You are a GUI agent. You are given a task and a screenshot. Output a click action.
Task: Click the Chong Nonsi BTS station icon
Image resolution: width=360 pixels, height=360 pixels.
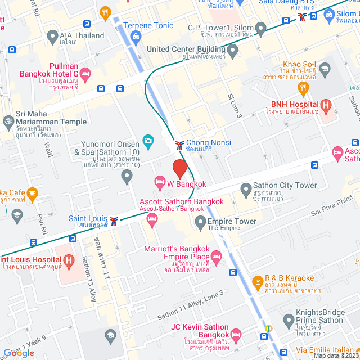pyautogui.click(x=179, y=145)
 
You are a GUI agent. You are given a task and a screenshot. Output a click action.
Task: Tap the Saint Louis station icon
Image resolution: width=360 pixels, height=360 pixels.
pyautogui.click(x=114, y=220)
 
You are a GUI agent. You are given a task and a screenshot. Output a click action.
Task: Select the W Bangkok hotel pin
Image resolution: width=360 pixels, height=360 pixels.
pyautogui.click(x=160, y=182)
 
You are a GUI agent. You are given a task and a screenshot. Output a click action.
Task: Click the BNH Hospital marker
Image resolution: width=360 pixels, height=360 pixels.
pyautogui.click(x=325, y=105)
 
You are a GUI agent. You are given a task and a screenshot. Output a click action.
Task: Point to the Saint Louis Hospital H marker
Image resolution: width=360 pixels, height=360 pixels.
pyautogui.click(x=69, y=260)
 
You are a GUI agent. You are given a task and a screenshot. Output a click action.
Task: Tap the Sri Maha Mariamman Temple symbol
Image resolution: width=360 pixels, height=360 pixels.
pyautogui.click(x=8, y=121)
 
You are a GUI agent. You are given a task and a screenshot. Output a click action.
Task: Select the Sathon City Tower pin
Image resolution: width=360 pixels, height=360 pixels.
pyautogui.click(x=245, y=190)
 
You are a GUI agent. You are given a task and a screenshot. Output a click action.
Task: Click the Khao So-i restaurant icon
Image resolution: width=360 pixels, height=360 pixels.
pyautogui.click(x=325, y=70)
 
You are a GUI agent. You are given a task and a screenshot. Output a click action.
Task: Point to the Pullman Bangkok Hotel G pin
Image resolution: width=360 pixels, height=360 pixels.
pyautogui.click(x=85, y=73)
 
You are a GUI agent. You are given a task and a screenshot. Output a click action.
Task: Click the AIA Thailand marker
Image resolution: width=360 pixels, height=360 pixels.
pyautogui.click(x=52, y=37)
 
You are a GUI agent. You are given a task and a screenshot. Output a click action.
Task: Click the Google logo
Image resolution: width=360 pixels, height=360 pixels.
pyautogui.click(x=19, y=353)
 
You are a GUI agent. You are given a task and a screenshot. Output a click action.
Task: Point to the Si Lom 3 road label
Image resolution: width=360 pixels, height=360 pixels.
pyautogui.click(x=235, y=105)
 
